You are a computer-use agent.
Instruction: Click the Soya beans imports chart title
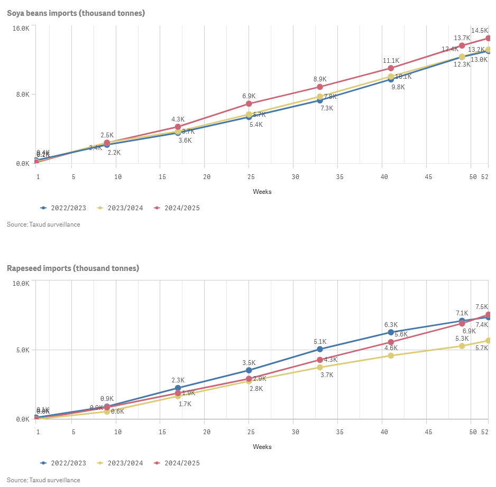pyautogui.click(x=76, y=13)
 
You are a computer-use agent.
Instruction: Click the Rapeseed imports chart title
pyautogui.click(x=73, y=268)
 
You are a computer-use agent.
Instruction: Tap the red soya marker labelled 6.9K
pyautogui.click(x=249, y=104)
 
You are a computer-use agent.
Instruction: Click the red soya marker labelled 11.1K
pyautogui.click(x=391, y=68)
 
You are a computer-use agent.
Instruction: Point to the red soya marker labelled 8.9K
pyautogui.click(x=320, y=87)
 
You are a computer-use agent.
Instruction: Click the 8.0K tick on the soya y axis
pyautogui.click(x=22, y=95)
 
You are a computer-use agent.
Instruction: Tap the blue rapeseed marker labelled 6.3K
pyautogui.click(x=391, y=332)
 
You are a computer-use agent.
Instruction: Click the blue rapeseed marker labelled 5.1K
pyautogui.click(x=320, y=349)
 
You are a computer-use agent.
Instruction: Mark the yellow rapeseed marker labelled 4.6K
pyautogui.click(x=391, y=355)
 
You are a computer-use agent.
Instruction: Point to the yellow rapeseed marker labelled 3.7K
pyautogui.click(x=320, y=367)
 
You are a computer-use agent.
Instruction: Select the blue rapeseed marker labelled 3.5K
pyautogui.click(x=249, y=370)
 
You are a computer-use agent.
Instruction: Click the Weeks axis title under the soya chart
pyautogui.click(x=262, y=192)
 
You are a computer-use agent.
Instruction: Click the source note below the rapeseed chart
pyautogui.click(x=43, y=480)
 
